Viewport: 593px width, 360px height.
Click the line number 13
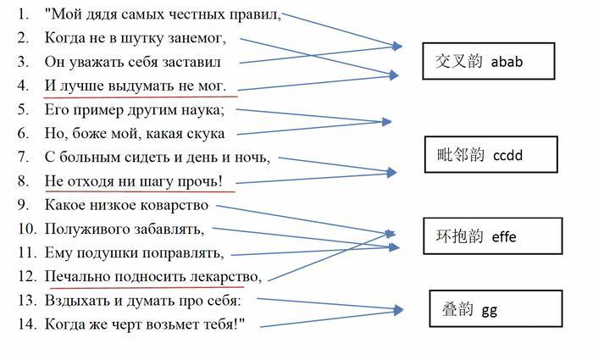click(27, 300)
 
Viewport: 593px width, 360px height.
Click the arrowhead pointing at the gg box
click(398, 310)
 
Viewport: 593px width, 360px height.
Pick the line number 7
click(23, 157)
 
